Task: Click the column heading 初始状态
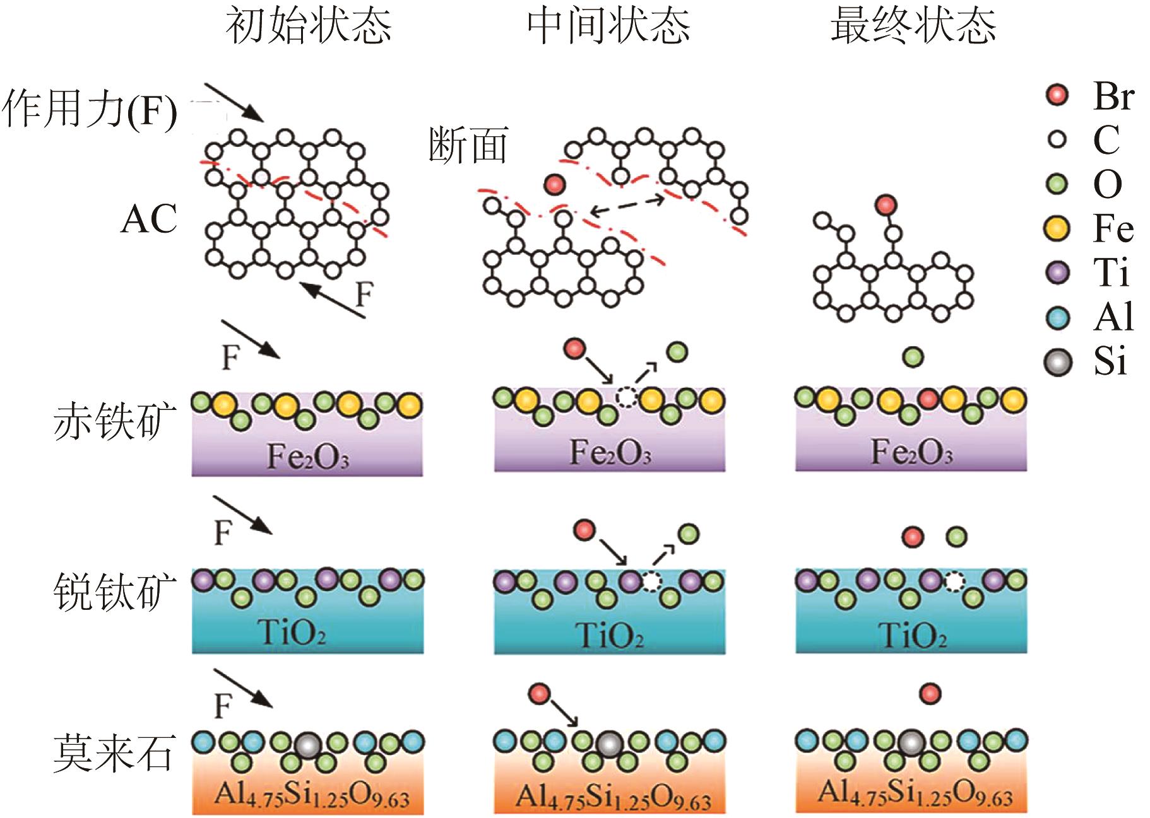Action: pyautogui.click(x=309, y=26)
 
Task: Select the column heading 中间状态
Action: pyautogui.click(x=608, y=26)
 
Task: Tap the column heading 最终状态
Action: pyautogui.click(x=913, y=26)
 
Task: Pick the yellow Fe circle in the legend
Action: pyautogui.click(x=1057, y=228)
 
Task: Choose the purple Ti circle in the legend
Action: pyautogui.click(x=1057, y=272)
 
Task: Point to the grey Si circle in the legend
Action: pyautogui.click(x=1058, y=362)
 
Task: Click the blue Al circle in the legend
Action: pyautogui.click(x=1057, y=317)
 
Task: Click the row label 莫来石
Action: pyautogui.click(x=114, y=752)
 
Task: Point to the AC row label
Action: pyautogui.click(x=149, y=219)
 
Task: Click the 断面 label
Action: pyautogui.click(x=468, y=145)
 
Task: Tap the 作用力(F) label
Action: pyautogui.click(x=90, y=108)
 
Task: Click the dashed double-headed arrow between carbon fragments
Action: pyautogui.click(x=626, y=207)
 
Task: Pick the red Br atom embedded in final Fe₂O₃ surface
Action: pyautogui.click(x=927, y=399)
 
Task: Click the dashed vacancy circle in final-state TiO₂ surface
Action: pyautogui.click(x=956, y=580)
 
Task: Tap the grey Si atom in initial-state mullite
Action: pyautogui.click(x=307, y=745)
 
